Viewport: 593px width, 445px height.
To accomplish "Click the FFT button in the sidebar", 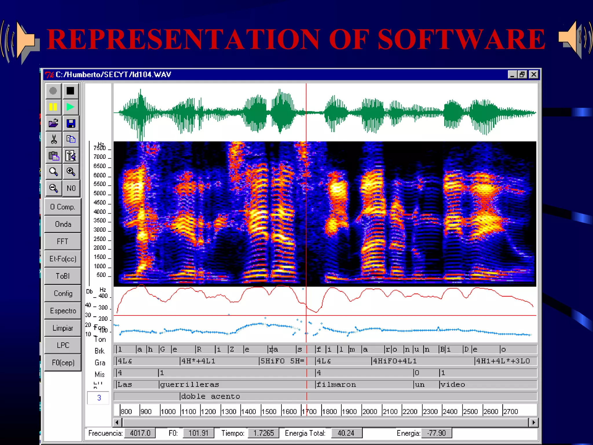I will pos(63,241).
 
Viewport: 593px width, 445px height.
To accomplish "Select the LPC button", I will pos(63,345).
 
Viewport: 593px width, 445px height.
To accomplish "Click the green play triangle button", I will pos(70,107).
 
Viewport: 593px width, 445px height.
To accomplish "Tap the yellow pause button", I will pos(53,107).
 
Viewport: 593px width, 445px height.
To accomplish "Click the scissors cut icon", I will pos(54,139).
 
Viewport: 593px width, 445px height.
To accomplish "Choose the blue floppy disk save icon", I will pos(71,123).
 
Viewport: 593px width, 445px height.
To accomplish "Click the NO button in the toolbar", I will pos(71,188).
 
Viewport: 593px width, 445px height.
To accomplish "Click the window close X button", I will pos(534,74).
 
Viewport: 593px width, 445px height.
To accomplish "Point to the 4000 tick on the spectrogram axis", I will pos(100,212).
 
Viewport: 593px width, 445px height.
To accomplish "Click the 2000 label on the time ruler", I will pos(370,411).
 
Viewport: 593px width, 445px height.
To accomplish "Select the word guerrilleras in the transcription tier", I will pos(190,384).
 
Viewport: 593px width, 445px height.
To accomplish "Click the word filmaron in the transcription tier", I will pos(336,384).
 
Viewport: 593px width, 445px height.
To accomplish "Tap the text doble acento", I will pos(211,396).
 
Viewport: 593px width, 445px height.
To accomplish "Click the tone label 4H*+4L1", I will pos(198,361).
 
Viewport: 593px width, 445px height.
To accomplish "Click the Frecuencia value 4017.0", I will pos(140,433).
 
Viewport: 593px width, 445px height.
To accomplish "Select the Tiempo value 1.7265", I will pos(263,433).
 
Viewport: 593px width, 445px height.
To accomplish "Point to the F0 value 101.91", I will pos(198,433).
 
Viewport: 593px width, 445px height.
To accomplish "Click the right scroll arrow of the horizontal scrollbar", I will pos(534,422).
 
